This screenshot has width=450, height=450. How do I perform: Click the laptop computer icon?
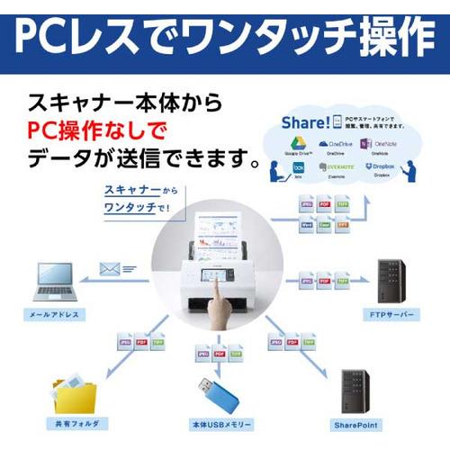[x=56, y=282]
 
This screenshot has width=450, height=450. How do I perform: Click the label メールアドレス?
[x=56, y=315]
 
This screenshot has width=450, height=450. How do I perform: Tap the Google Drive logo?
[x=298, y=144]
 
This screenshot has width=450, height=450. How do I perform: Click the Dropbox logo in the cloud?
[x=384, y=167]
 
